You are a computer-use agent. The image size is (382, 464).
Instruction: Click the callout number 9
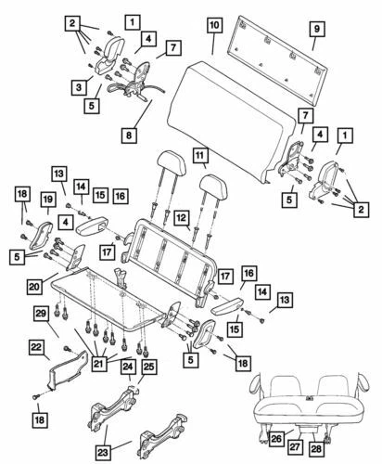point(315,32)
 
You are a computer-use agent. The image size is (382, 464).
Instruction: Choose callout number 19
point(46,200)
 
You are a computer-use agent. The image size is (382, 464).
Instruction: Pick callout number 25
point(149,368)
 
